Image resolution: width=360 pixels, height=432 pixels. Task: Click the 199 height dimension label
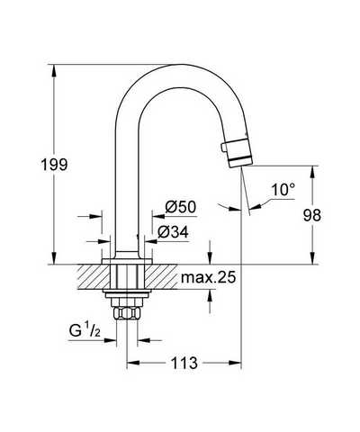click(54, 165)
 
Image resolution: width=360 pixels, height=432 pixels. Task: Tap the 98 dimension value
click(312, 215)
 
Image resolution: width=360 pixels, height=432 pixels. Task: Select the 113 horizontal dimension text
click(184, 363)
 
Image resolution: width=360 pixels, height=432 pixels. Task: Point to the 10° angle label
click(283, 190)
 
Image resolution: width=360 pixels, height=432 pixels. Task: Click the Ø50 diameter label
click(181, 207)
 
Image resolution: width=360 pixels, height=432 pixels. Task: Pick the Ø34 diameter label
click(174, 232)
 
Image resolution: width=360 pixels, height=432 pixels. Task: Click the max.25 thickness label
click(209, 277)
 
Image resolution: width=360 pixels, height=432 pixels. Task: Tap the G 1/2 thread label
click(85, 330)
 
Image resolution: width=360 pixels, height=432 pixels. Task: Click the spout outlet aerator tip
click(241, 153)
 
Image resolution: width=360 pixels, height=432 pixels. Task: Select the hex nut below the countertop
click(127, 314)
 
